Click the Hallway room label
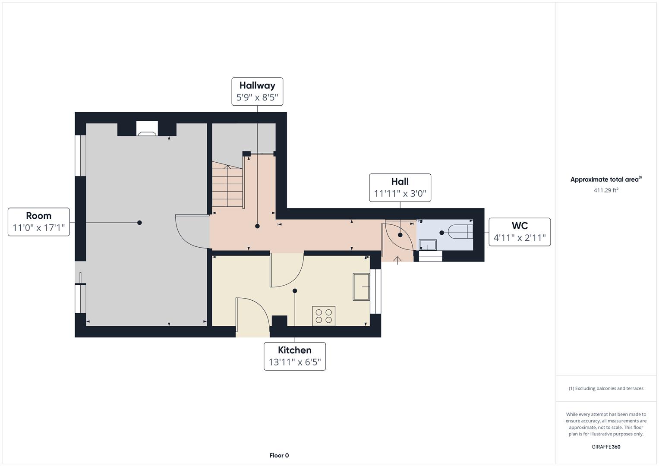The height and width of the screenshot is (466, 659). pyautogui.click(x=257, y=85)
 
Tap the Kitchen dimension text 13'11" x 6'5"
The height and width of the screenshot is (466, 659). pyautogui.click(x=295, y=362)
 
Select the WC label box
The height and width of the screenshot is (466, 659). pyautogui.click(x=520, y=232)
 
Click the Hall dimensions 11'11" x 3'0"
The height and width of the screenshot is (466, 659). pyautogui.click(x=400, y=193)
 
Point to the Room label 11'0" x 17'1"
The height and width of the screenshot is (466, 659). pyautogui.click(x=39, y=227)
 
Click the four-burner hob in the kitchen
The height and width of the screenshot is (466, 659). pyautogui.click(x=324, y=316)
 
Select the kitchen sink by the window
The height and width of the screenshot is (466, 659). pyautogui.click(x=361, y=287)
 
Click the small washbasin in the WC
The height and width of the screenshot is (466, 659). pyautogui.click(x=428, y=245)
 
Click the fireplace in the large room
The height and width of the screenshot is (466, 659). pyautogui.click(x=147, y=129)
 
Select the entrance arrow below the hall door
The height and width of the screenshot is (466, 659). pyautogui.click(x=397, y=260)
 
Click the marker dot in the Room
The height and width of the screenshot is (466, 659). pyautogui.click(x=139, y=223)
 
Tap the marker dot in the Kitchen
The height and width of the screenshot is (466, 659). pyautogui.click(x=295, y=291)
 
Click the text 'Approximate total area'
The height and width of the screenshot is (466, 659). pyautogui.click(x=604, y=179)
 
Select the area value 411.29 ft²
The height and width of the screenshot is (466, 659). pyautogui.click(x=606, y=190)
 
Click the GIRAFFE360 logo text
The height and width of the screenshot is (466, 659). pyautogui.click(x=606, y=447)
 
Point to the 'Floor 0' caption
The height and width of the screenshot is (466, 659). pyautogui.click(x=279, y=455)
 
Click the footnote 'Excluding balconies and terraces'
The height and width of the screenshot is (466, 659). pyautogui.click(x=606, y=388)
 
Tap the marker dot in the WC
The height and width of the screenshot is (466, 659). pyautogui.click(x=441, y=233)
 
